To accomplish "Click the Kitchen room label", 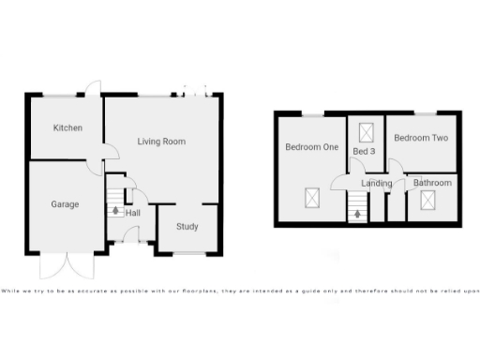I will click(66, 127).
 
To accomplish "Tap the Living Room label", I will click(161, 142).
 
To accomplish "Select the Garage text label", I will click(65, 204).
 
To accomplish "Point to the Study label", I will click(187, 226).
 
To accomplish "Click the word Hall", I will click(133, 213).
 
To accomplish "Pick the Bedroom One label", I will click(311, 147).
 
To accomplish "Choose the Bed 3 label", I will click(364, 151).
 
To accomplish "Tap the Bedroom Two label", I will click(421, 138).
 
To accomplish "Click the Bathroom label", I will click(432, 183).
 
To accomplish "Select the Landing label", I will click(377, 183).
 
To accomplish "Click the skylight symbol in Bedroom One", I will click(310, 198).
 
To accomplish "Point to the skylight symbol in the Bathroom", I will click(429, 199).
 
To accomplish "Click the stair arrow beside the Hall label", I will click(115, 211).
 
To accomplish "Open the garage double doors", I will click(68, 265).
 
